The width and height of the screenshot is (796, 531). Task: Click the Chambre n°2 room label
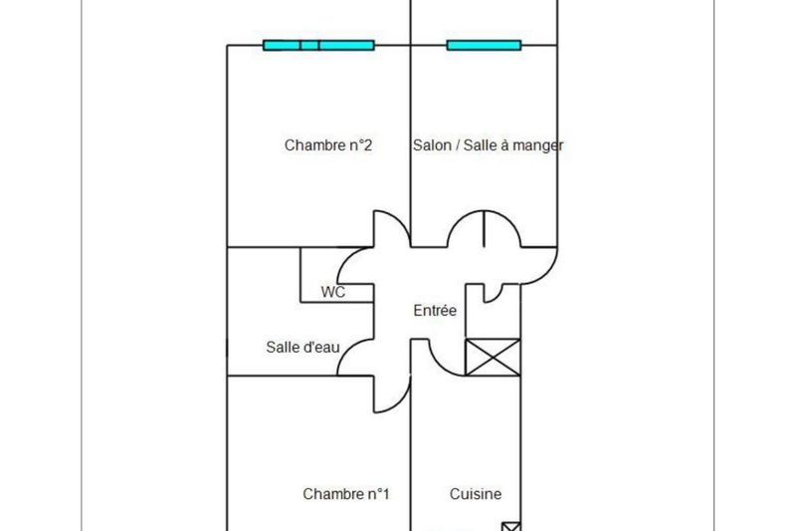pyautogui.click(x=328, y=145)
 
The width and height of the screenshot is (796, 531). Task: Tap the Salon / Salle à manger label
pyautogui.click(x=488, y=145)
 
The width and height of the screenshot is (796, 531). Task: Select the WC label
pyautogui.click(x=332, y=293)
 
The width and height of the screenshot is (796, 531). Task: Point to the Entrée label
pyautogui.click(x=435, y=311)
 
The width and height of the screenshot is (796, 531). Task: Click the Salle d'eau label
pyautogui.click(x=303, y=347)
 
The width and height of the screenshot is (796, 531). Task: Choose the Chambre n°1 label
pyautogui.click(x=346, y=494)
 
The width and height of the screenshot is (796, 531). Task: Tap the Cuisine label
pyautogui.click(x=476, y=494)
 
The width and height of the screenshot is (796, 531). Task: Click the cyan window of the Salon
pyautogui.click(x=484, y=45)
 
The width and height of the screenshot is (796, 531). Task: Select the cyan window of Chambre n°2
pyautogui.click(x=318, y=45)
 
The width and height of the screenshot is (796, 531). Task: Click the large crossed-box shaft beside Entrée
pyautogui.click(x=493, y=357)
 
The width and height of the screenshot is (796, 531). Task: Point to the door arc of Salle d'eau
pyautogui.click(x=353, y=360)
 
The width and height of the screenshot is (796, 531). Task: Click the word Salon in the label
pyautogui.click(x=430, y=145)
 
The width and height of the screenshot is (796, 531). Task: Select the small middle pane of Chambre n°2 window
pyautogui.click(x=309, y=45)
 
